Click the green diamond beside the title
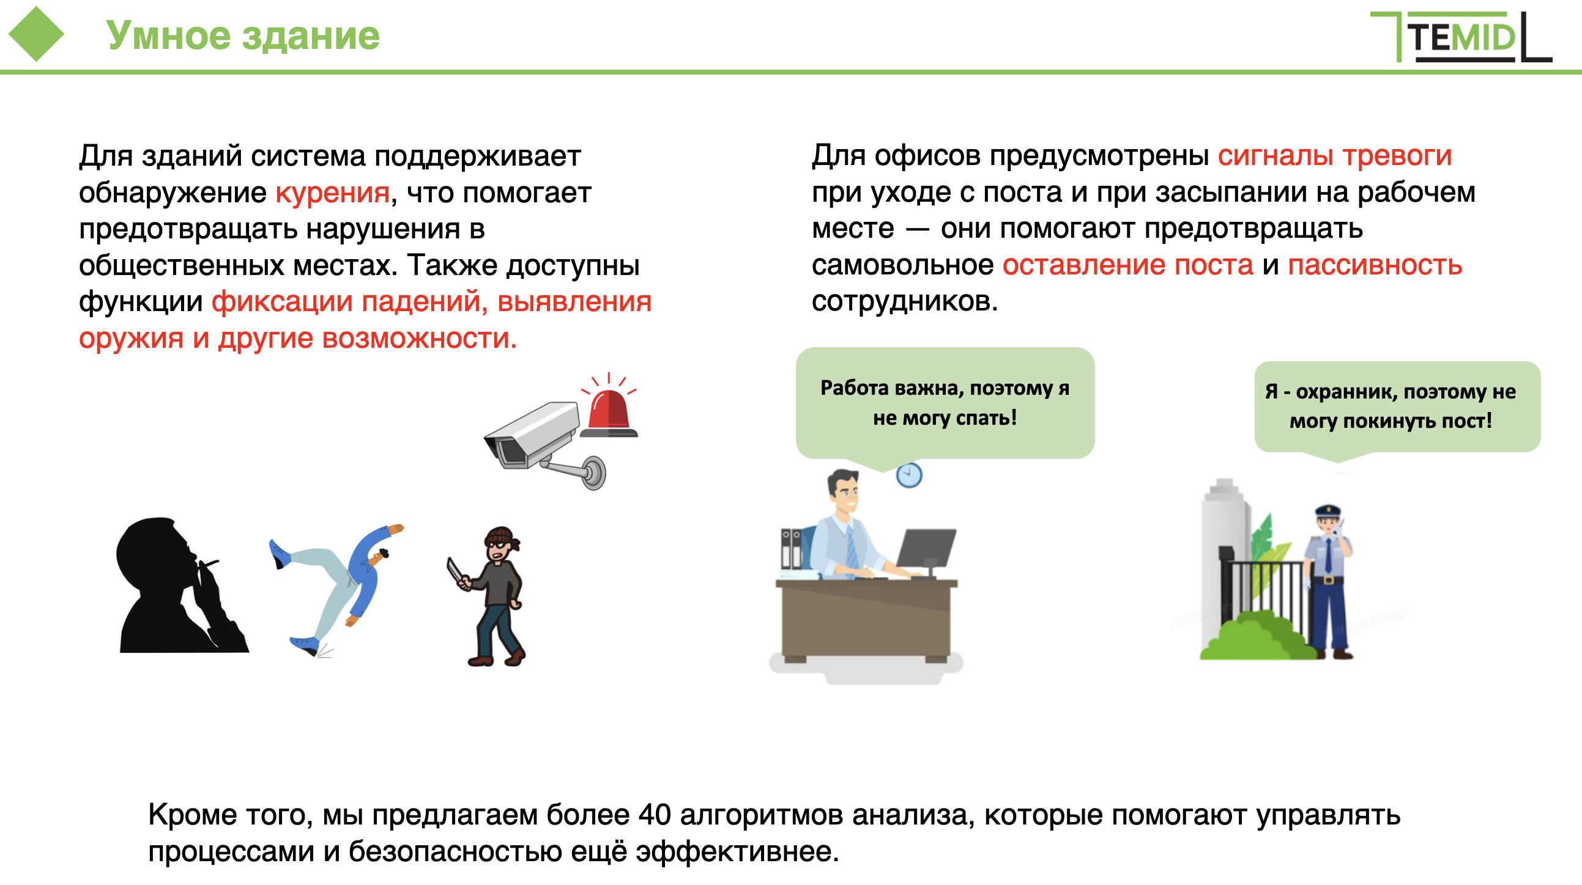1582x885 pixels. click(x=36, y=34)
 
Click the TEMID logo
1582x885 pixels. click(x=1461, y=37)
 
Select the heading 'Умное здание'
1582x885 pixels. click(x=243, y=35)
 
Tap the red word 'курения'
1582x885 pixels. click(x=332, y=193)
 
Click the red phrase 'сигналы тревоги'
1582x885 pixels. click(x=1334, y=155)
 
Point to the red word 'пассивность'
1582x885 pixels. click(x=1375, y=265)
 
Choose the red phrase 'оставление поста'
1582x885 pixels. click(x=1127, y=265)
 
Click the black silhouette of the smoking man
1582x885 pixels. click(x=178, y=586)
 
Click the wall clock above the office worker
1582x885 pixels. click(x=909, y=475)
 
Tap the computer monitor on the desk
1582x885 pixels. click(x=926, y=550)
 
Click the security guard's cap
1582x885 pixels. click(x=1328, y=511)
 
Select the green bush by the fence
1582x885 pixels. click(x=1256, y=636)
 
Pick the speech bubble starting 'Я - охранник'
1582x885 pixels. click(x=1397, y=409)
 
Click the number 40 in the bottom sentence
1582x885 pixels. click(x=655, y=815)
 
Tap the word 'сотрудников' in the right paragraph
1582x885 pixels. click(x=905, y=301)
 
